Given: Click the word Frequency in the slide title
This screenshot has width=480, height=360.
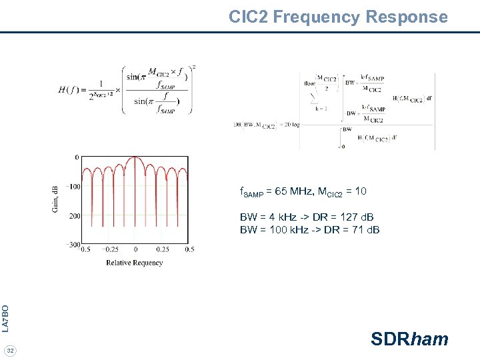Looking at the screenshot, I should [x=324, y=17].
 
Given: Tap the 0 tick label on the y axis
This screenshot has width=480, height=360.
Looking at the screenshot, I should [x=77, y=157].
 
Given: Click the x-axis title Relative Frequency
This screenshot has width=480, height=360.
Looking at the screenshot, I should [x=134, y=263].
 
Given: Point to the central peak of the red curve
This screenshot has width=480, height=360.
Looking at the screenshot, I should [x=135, y=158].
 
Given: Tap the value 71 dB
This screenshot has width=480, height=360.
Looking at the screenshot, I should [x=361, y=230].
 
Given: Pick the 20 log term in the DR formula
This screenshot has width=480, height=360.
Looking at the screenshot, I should [x=291, y=124].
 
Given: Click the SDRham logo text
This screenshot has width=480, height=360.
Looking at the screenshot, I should [x=409, y=339].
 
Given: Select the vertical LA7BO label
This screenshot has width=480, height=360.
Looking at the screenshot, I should [x=5, y=318].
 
